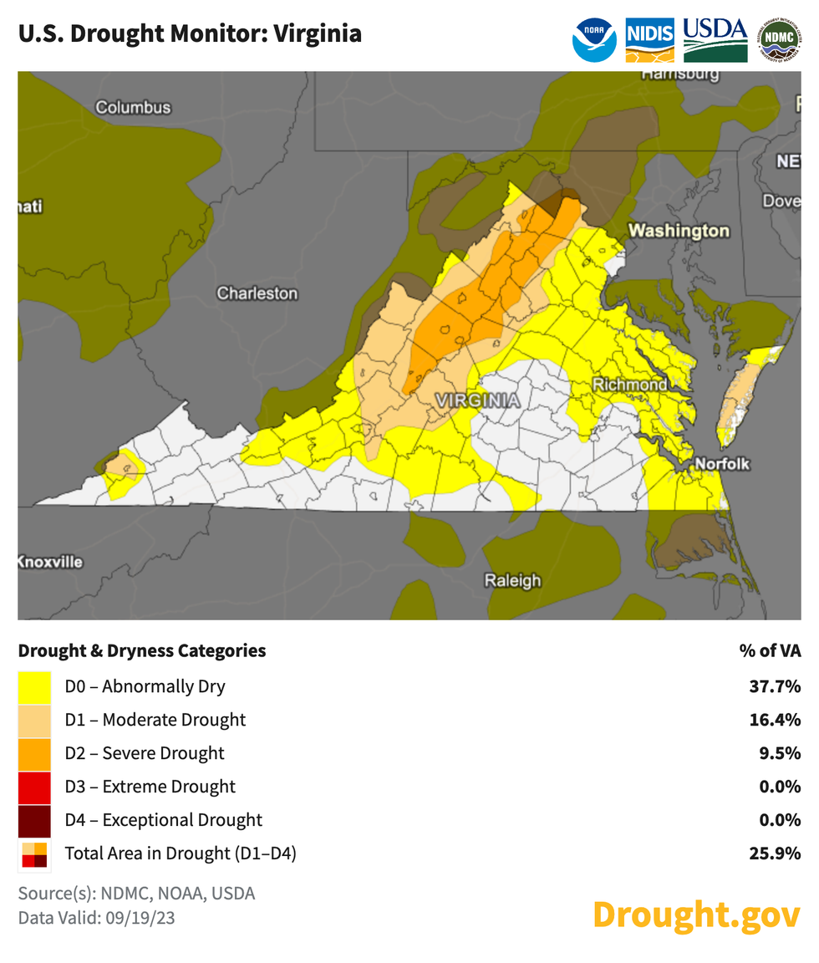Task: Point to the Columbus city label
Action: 133,107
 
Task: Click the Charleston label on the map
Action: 257,293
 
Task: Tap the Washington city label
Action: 679,231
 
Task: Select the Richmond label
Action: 630,385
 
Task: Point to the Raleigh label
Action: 513,580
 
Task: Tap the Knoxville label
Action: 50,562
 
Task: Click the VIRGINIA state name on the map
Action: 477,401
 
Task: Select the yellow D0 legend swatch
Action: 34,687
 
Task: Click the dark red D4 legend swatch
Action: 34,820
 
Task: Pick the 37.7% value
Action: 775,687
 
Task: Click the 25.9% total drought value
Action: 775,853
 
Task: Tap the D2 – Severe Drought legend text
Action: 145,753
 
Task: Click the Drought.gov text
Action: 696,915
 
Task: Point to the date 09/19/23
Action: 132,917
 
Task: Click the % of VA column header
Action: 770,650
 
